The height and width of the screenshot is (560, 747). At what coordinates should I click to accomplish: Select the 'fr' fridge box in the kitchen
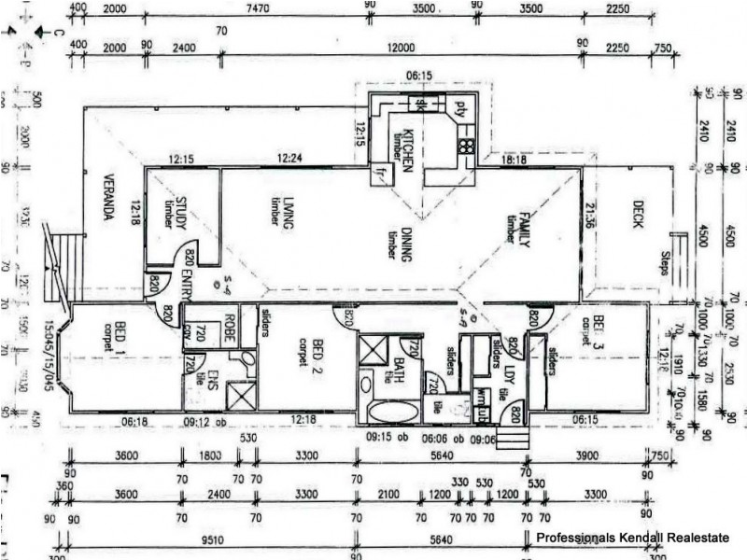point(380,174)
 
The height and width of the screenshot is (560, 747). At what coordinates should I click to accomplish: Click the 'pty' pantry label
point(458,105)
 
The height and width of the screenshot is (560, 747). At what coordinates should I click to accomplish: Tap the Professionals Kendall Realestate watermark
point(631,538)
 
